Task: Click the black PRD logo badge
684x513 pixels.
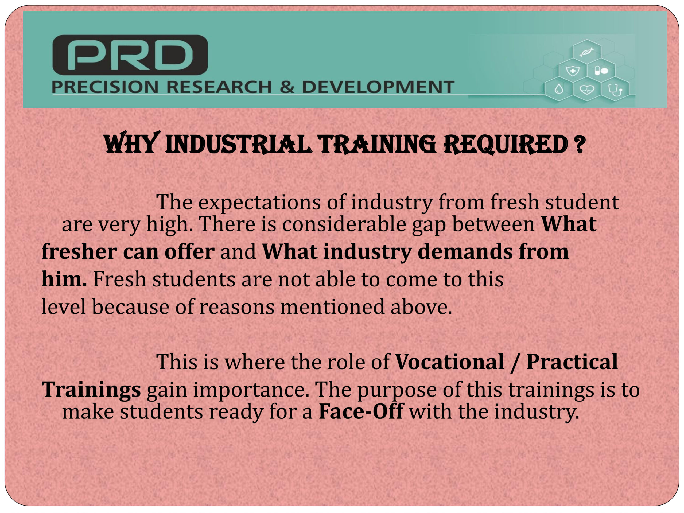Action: click(x=130, y=55)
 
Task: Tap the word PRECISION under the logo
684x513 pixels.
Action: click(x=105, y=87)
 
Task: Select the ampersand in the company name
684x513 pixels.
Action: click(x=287, y=87)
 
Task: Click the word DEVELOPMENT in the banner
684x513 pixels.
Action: click(x=378, y=87)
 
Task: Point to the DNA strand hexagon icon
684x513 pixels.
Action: click(x=586, y=52)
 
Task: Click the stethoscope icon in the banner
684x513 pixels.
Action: click(x=615, y=90)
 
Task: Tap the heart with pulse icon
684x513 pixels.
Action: click(x=586, y=90)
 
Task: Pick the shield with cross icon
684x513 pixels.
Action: click(x=572, y=71)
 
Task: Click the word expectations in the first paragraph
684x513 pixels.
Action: click(x=259, y=203)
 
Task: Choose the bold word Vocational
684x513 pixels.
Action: click(x=450, y=362)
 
